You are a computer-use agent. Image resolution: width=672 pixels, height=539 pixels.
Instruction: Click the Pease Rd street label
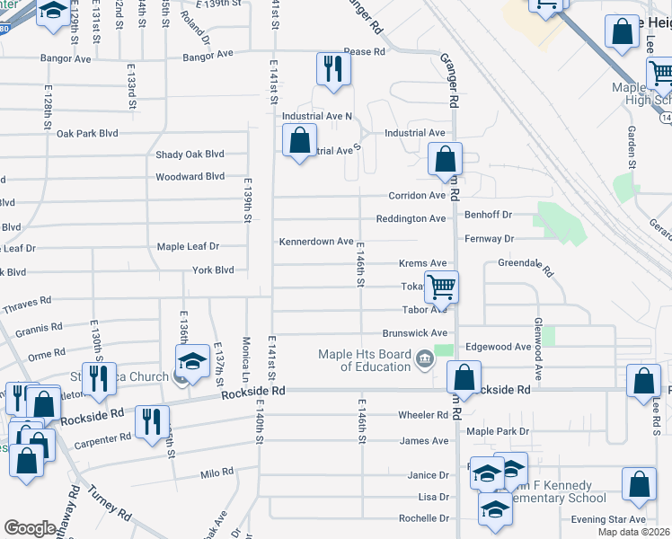pos(364,52)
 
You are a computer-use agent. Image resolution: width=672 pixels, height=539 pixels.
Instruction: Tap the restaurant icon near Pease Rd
pos(332,68)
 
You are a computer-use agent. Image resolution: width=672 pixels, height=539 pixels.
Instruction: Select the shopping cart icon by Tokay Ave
pos(440,287)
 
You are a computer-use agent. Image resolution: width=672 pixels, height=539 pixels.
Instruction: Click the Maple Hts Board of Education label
pos(364,360)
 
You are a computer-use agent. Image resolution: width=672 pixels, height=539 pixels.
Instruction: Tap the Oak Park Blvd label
pos(87,134)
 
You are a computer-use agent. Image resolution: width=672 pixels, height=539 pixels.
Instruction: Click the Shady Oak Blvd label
pos(190,155)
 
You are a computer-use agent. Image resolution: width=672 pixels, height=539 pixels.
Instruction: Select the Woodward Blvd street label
pos(190,177)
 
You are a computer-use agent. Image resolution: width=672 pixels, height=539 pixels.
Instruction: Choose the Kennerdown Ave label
pos(316,242)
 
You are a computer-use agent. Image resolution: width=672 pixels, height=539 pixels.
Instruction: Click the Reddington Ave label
pos(411,219)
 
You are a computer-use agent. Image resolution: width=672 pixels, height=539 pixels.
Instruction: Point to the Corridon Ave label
pos(417,196)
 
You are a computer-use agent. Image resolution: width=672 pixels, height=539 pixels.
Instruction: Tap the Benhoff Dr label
pos(488,215)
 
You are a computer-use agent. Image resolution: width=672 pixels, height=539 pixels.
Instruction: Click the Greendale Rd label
pos(526,265)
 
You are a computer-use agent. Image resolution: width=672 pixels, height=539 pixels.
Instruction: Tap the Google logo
pos(30,527)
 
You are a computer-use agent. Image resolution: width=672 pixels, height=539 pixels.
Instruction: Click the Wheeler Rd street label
pos(423,415)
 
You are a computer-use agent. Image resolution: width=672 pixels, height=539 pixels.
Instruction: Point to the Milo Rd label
pos(217,472)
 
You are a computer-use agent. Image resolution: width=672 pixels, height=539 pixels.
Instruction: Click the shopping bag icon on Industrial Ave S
pos(299,141)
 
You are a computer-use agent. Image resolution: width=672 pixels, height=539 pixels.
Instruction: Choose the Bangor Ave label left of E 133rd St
pos(66,59)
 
